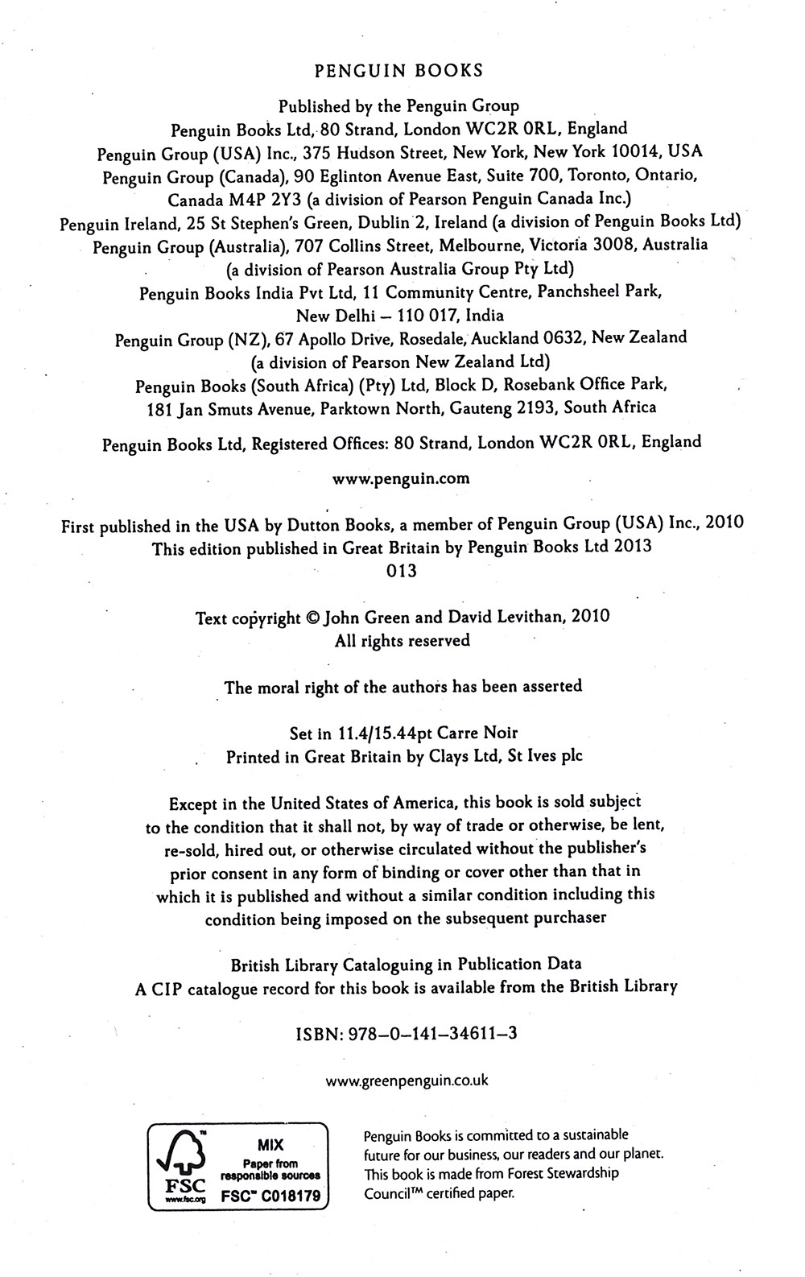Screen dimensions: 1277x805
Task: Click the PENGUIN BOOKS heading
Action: pyautogui.click(x=398, y=71)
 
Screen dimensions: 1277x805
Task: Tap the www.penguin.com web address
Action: pyautogui.click(x=401, y=478)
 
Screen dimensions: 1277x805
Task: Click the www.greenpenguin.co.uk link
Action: pyautogui.click(x=407, y=1081)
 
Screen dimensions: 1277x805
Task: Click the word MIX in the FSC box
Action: pyautogui.click(x=270, y=1144)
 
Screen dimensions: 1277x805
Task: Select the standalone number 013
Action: pyautogui.click(x=402, y=571)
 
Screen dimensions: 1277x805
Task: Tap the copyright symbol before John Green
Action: pyautogui.click(x=314, y=618)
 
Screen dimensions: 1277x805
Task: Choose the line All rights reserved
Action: pyautogui.click(x=402, y=641)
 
